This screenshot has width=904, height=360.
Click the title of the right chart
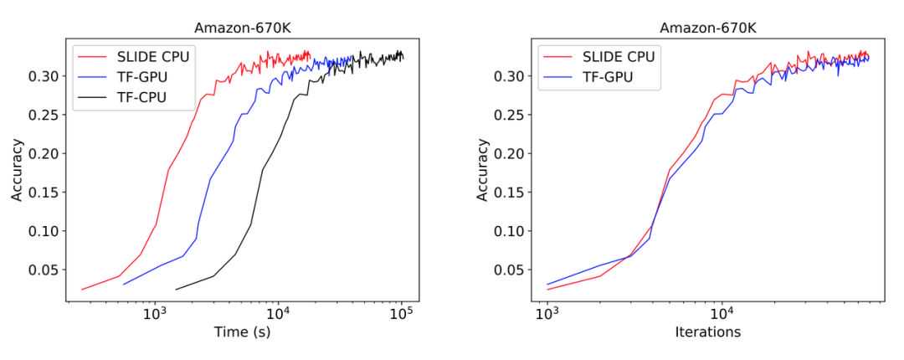click(x=706, y=28)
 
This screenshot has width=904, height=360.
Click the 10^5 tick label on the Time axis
click(x=403, y=314)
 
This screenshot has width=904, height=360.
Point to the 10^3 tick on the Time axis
click(x=154, y=314)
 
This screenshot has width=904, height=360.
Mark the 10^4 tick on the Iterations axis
click(x=722, y=314)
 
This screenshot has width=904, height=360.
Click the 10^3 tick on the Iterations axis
click(x=547, y=314)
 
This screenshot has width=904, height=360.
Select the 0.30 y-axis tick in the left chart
click(x=43, y=76)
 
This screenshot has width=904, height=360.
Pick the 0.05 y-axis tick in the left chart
click(x=43, y=270)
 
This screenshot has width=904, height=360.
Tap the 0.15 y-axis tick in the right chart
click(x=508, y=193)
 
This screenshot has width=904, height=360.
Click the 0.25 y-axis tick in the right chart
click(x=508, y=115)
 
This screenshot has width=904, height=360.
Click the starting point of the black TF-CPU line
click(x=176, y=290)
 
